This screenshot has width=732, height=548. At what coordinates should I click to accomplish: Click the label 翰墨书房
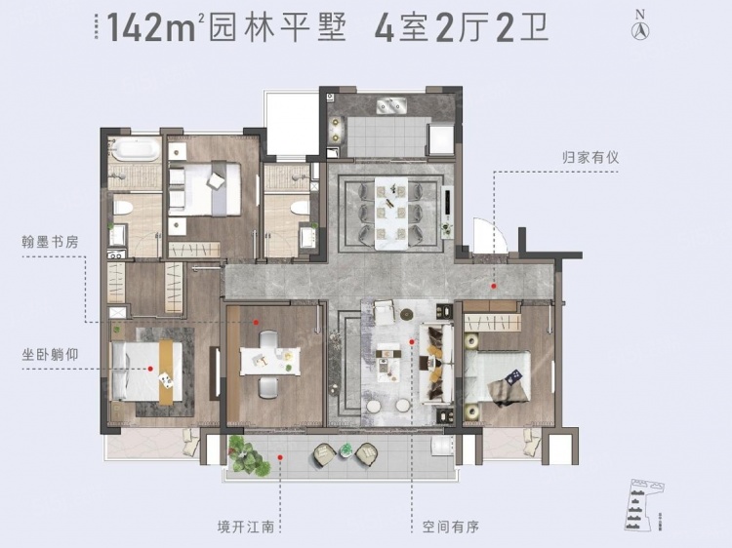point(45,240)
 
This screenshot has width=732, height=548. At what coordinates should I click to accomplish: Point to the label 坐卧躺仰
point(45,343)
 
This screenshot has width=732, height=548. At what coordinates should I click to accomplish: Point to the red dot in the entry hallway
point(495,287)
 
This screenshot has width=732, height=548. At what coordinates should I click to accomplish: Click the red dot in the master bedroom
point(150,369)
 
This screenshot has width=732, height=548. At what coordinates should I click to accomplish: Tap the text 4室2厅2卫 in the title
point(462,28)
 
